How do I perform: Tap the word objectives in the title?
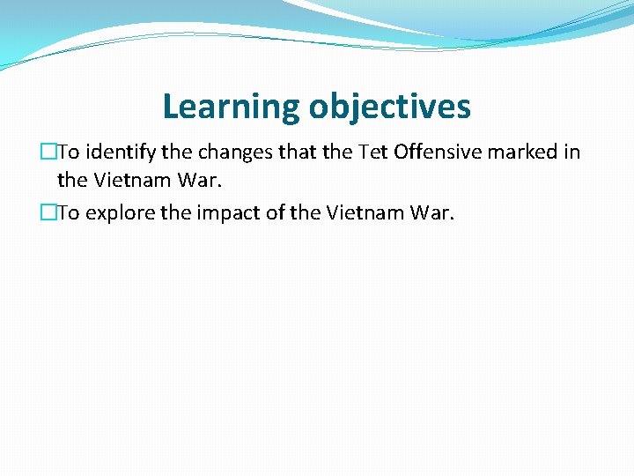[390, 107]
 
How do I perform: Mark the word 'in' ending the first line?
[572, 152]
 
